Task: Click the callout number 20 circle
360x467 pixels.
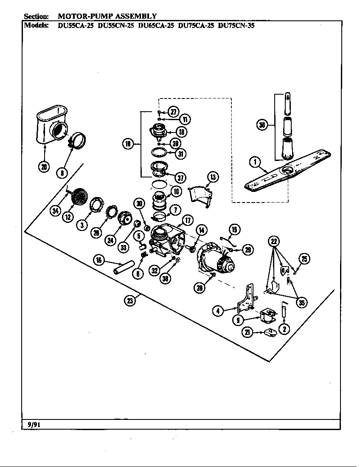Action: (44, 166)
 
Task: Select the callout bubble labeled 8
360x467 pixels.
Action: (62, 172)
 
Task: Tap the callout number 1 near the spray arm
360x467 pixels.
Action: (255, 162)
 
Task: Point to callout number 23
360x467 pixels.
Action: (129, 301)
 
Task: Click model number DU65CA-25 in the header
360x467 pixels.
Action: (156, 25)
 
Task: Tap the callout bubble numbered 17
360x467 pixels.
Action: (187, 220)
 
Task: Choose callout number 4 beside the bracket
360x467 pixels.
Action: (218, 311)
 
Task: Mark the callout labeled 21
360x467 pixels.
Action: (247, 332)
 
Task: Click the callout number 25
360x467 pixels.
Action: (304, 259)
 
